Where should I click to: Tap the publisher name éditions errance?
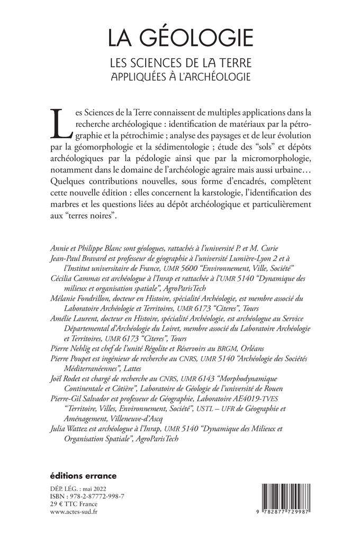[83, 475]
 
